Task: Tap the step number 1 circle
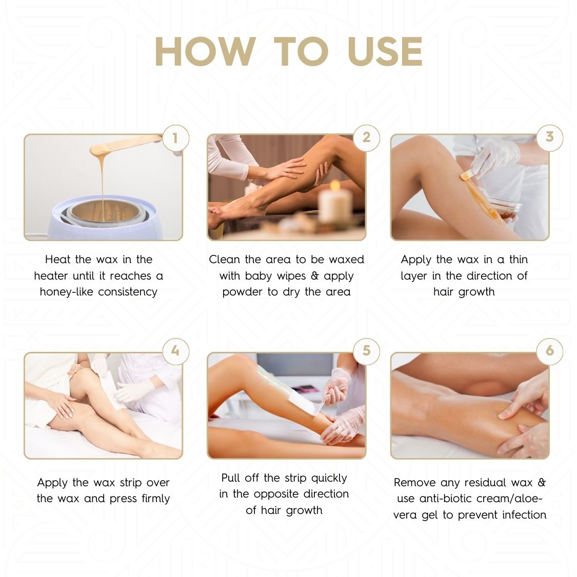pyautogui.click(x=175, y=138)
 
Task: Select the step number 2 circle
pyautogui.click(x=366, y=137)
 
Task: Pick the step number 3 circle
pyautogui.click(x=549, y=137)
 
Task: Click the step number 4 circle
pyautogui.click(x=175, y=351)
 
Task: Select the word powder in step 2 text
pyautogui.click(x=243, y=292)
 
